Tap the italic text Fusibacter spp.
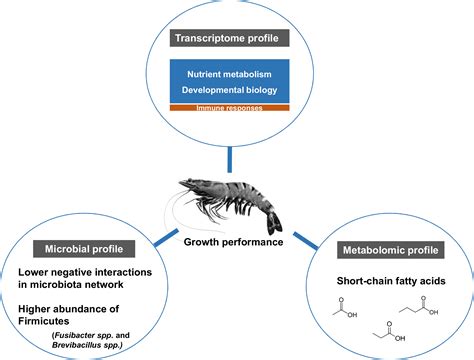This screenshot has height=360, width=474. [x=66, y=324]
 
